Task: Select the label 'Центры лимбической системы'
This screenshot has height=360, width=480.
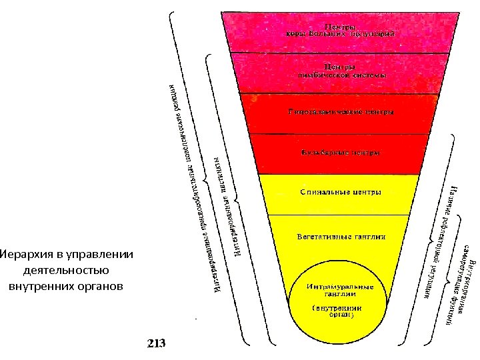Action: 341,71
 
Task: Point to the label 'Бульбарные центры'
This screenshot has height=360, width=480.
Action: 341,153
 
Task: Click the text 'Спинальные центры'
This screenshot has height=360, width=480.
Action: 340,193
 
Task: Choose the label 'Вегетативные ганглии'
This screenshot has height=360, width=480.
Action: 340,237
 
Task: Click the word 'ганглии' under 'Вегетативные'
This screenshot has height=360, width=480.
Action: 369,237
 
